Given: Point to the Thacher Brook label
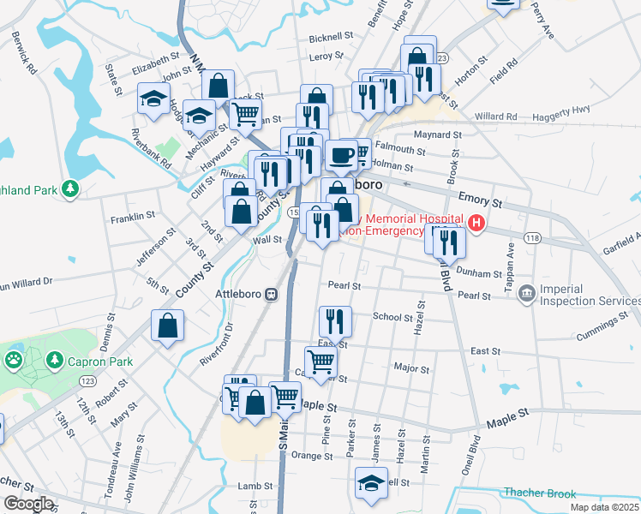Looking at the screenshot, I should click(540, 493).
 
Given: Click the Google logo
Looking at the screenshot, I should click(28, 504).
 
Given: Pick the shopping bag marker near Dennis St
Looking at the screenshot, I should click(167, 326).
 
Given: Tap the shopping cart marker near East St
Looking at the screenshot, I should click(320, 362).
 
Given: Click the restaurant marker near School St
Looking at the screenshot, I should click(334, 321).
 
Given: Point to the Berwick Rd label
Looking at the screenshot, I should click(26, 53).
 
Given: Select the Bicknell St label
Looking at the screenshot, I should click(331, 37).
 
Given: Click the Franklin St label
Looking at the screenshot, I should click(132, 218).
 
